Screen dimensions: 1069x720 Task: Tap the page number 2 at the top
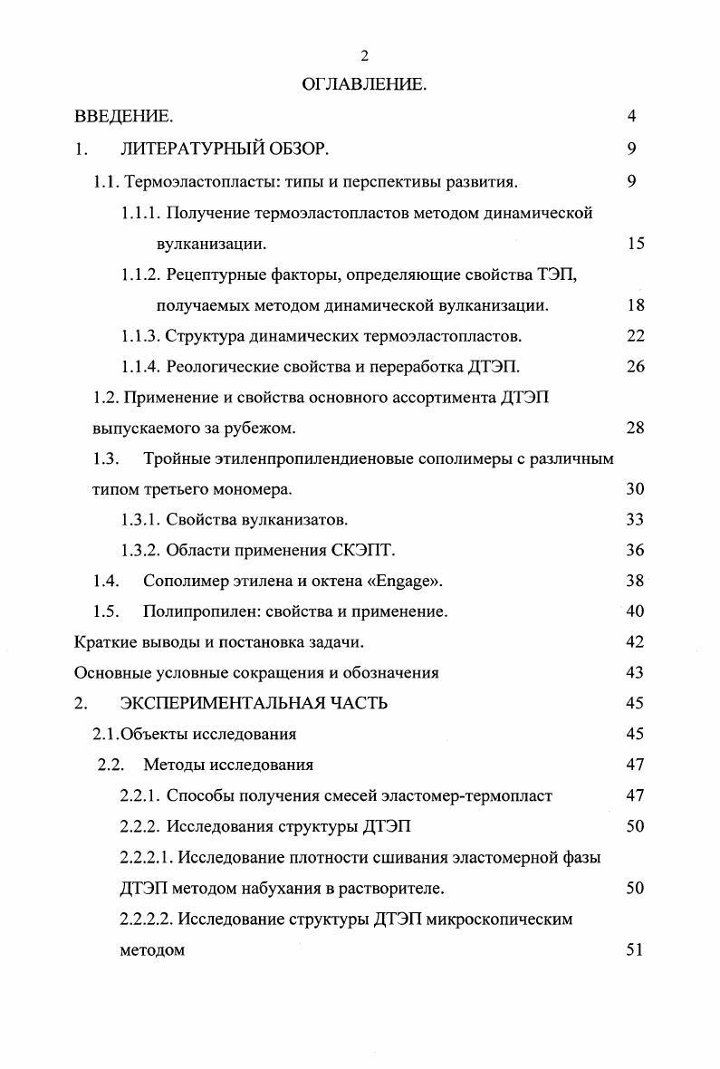(x=364, y=56)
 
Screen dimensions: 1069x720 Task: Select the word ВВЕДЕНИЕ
(x=123, y=117)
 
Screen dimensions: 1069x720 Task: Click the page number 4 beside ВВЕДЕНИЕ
(x=631, y=117)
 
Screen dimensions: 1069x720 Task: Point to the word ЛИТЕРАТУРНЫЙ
(x=192, y=149)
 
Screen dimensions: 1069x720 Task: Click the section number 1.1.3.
(x=140, y=336)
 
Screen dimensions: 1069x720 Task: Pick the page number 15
(x=635, y=244)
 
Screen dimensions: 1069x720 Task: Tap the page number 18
(x=635, y=306)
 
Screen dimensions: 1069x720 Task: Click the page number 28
(x=635, y=429)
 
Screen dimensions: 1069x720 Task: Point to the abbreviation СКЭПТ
(x=367, y=550)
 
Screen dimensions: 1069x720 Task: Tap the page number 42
(x=635, y=642)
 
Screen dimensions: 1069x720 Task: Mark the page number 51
(x=635, y=950)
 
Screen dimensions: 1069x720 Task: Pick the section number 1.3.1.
(x=140, y=519)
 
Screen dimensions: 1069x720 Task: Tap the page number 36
(x=635, y=550)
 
